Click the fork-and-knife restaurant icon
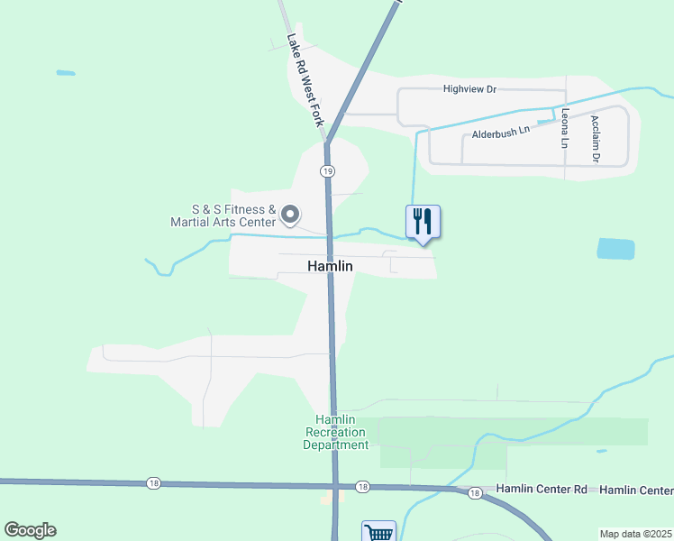[x=423, y=221]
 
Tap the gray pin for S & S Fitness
[x=290, y=215]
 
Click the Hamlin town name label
[x=330, y=266]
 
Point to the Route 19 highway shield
[x=327, y=170]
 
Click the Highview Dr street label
[x=469, y=89]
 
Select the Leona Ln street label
[x=565, y=128]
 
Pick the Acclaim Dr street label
[x=595, y=138]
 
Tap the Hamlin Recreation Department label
[x=336, y=433]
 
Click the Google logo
[x=30, y=530]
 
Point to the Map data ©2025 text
[x=635, y=534]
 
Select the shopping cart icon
[x=378, y=532]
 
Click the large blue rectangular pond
[x=615, y=249]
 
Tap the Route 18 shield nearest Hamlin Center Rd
[x=474, y=492]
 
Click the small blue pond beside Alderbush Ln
[x=544, y=120]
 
